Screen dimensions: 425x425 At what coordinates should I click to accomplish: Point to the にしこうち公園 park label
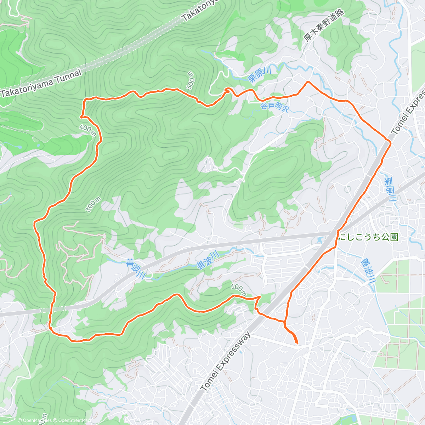369,237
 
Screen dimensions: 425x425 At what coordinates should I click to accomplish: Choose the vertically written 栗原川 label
390,190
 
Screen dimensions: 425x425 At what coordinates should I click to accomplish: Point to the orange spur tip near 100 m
260,296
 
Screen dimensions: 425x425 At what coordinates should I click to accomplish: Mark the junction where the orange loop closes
285,322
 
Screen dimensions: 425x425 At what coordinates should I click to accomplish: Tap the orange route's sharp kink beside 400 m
81,116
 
